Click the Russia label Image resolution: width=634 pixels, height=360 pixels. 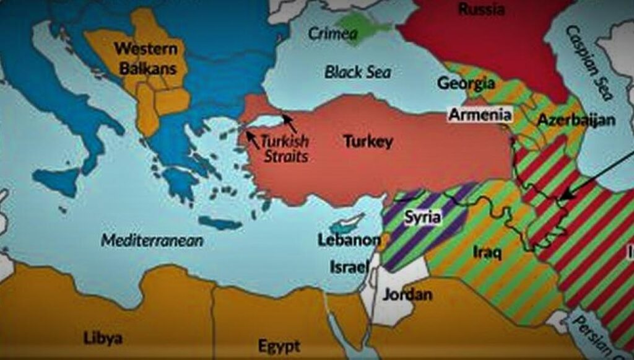(x=481, y=9)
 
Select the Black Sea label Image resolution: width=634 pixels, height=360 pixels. (x=358, y=72)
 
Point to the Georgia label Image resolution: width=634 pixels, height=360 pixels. (x=466, y=82)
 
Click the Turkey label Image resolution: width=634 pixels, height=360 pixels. (x=368, y=141)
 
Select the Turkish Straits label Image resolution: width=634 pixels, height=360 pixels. (x=285, y=148)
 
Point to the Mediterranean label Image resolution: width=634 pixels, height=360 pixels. (x=152, y=240)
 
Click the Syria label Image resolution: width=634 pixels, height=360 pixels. (x=423, y=217)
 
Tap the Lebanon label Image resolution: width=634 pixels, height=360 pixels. (x=349, y=240)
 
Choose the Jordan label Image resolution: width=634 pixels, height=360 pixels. (x=407, y=294)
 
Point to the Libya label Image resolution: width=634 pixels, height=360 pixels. (x=103, y=338)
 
